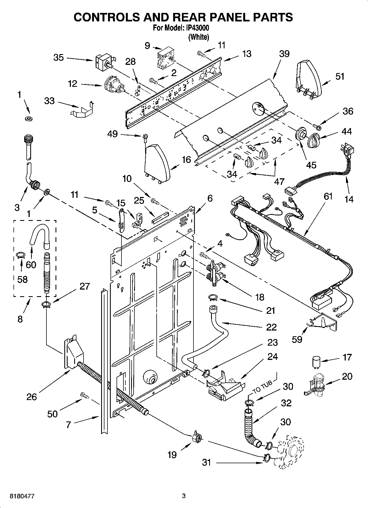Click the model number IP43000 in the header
pyautogui.click(x=198, y=28)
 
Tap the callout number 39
pyautogui.click(x=284, y=54)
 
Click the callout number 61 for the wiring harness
pyautogui.click(x=328, y=196)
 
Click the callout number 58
pyautogui.click(x=22, y=279)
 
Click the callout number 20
pyautogui.click(x=347, y=376)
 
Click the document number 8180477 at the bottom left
pyautogui.click(x=22, y=496)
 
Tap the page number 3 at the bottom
pyautogui.click(x=184, y=496)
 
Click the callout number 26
pyautogui.click(x=32, y=397)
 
